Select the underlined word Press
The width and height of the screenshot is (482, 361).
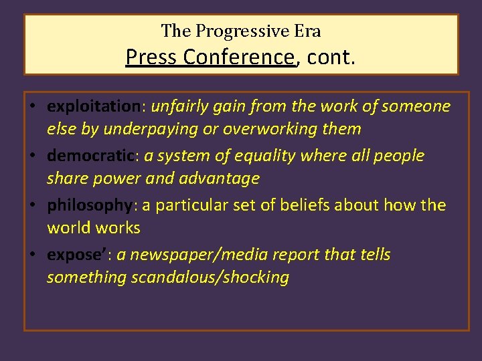pyautogui.click(x=151, y=57)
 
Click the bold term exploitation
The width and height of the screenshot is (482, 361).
pyautogui.click(x=92, y=106)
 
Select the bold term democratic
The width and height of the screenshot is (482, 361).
pyautogui.click(x=91, y=156)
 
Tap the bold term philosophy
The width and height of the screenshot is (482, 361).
pyautogui.click(x=90, y=205)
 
